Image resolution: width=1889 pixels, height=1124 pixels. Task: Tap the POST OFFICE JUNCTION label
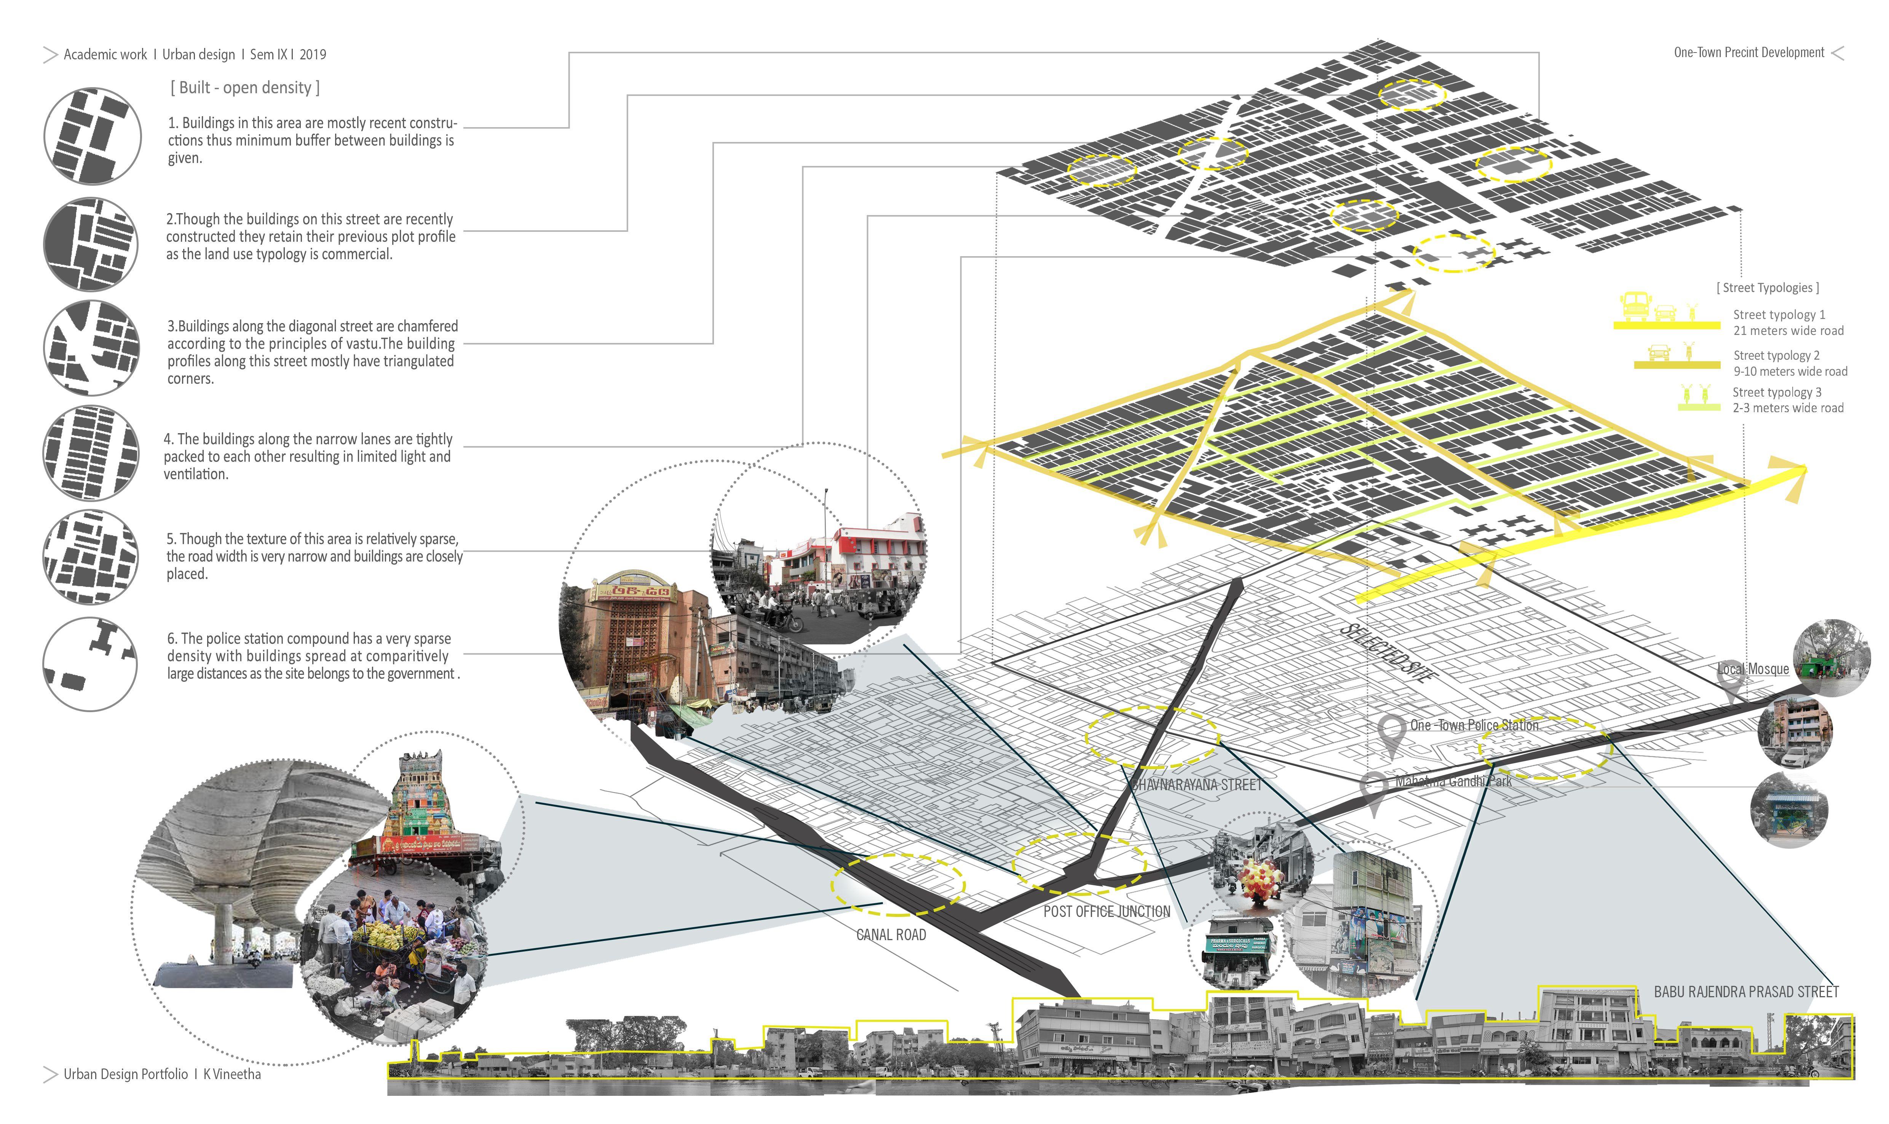pyautogui.click(x=1106, y=911)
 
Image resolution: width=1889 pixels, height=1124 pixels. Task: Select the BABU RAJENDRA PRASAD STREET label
pyautogui.click(x=1746, y=992)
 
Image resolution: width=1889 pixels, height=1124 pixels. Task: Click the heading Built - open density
pyautogui.click(x=245, y=88)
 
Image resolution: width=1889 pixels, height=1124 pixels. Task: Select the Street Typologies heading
pyautogui.click(x=1767, y=288)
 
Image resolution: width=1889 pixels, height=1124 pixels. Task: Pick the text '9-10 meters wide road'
pyautogui.click(x=1790, y=371)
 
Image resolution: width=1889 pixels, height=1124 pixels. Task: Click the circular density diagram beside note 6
pyautogui.click(x=89, y=663)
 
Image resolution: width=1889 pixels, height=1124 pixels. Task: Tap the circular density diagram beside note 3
pyautogui.click(x=91, y=347)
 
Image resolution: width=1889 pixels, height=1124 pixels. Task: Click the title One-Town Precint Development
pyautogui.click(x=1748, y=52)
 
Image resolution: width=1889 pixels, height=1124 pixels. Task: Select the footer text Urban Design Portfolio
pyautogui.click(x=126, y=1074)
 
